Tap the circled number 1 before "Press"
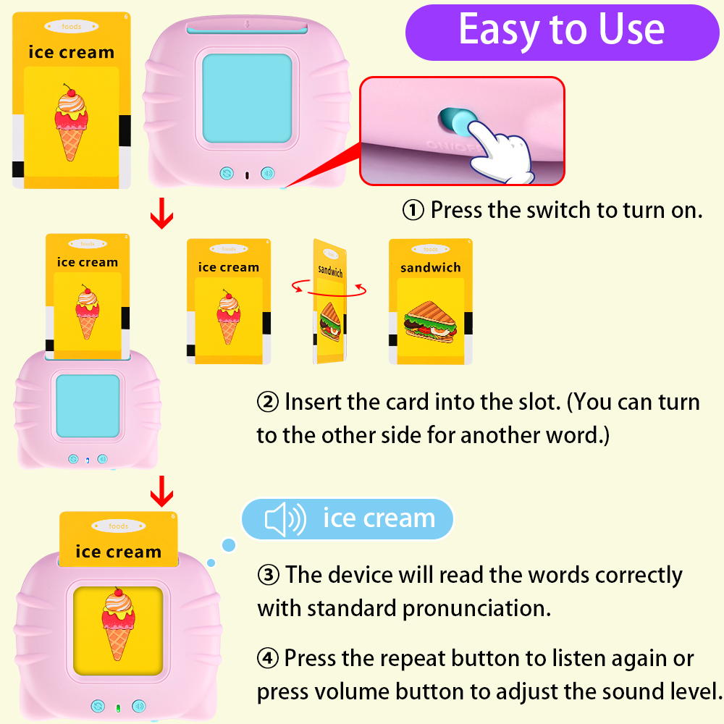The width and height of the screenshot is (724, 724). pyautogui.click(x=413, y=211)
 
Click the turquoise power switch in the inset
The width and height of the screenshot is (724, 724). pyautogui.click(x=455, y=119)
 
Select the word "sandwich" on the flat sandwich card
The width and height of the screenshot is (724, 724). pyautogui.click(x=430, y=268)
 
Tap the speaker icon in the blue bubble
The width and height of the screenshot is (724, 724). pyautogui.click(x=285, y=519)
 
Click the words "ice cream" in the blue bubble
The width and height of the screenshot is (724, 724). pyautogui.click(x=379, y=519)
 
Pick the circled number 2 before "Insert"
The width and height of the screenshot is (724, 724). pyautogui.click(x=268, y=402)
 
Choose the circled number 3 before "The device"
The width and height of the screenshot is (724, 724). pyautogui.click(x=269, y=576)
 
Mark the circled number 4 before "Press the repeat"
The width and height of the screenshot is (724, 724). pyautogui.click(x=269, y=659)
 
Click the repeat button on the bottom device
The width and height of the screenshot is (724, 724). pyautogui.click(x=98, y=706)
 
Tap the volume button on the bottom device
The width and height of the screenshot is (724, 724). pyautogui.click(x=138, y=706)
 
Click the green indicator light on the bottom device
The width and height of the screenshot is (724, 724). pyautogui.click(x=118, y=707)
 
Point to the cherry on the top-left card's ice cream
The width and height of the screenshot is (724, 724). pyautogui.click(x=70, y=90)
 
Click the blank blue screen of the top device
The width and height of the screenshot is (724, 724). pyautogui.click(x=247, y=98)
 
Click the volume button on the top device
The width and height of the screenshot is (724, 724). pyautogui.click(x=267, y=173)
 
